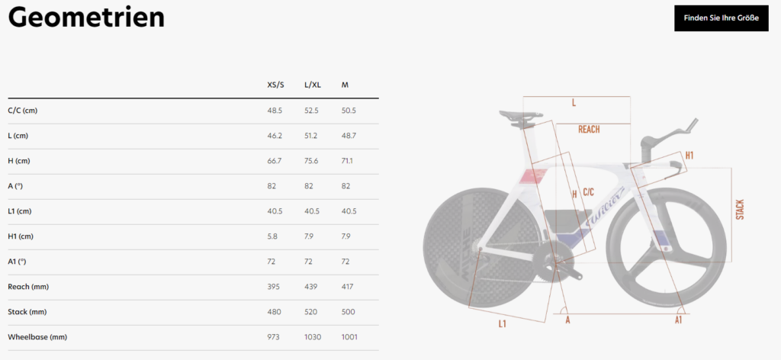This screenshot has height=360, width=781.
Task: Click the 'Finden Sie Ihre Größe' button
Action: [x=722, y=18]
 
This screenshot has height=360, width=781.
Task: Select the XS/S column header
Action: [x=275, y=85]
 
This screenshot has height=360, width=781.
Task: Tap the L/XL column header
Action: [x=313, y=85]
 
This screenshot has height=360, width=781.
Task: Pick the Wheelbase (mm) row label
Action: [x=37, y=337]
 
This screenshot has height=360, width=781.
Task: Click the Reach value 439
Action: [x=311, y=287]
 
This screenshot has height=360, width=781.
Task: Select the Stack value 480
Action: [x=274, y=312]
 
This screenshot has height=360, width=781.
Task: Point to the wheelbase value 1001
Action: [x=349, y=337]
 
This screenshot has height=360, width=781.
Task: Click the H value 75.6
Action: [x=312, y=161]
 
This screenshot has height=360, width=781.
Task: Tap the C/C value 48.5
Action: [x=275, y=111]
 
